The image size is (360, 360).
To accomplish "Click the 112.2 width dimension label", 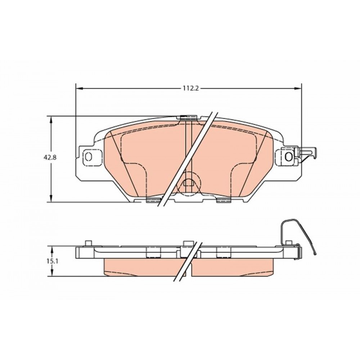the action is click(x=190, y=89).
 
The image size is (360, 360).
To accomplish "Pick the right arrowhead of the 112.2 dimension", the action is click(x=298, y=89).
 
